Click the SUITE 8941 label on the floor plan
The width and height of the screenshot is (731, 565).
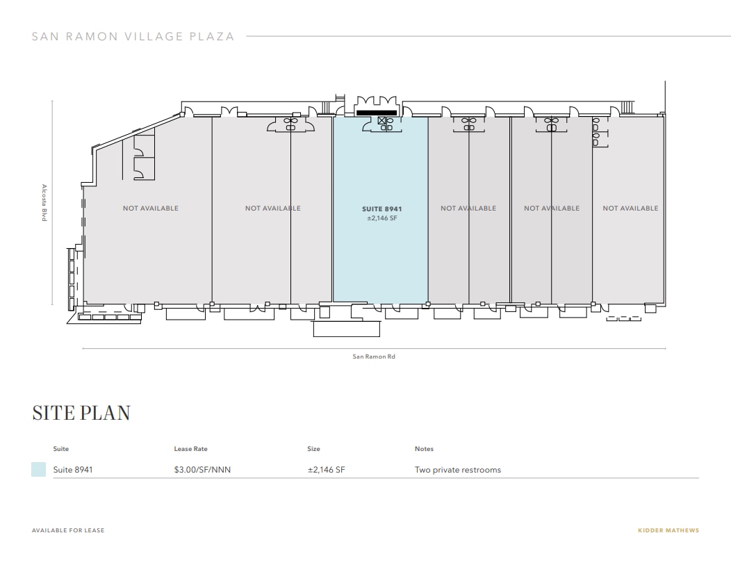[381, 208]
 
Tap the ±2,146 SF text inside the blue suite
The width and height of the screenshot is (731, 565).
[381, 218]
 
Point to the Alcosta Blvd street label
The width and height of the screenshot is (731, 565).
[44, 203]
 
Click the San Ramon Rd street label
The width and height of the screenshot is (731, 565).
[374, 357]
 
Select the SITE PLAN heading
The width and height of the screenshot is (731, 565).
[81, 413]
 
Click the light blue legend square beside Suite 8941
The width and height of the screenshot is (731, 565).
[39, 470]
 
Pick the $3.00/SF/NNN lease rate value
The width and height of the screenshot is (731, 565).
[202, 470]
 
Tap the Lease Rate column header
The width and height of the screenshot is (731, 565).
[190, 449]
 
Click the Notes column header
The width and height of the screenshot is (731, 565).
[424, 449]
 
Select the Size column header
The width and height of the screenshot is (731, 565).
[313, 449]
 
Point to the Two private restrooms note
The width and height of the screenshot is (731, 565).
[457, 470]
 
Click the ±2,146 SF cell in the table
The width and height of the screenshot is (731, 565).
[326, 470]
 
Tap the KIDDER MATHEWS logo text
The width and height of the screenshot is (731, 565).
[668, 531]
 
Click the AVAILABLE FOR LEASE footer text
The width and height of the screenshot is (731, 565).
[68, 531]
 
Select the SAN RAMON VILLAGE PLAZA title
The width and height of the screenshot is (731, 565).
[133, 36]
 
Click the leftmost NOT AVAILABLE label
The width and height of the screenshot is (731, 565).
[151, 208]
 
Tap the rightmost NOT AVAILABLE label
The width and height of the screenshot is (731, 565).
[630, 208]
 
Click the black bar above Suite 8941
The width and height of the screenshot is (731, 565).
[376, 112]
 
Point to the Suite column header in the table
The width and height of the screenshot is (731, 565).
[61, 449]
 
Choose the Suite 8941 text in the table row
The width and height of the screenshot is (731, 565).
[73, 470]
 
